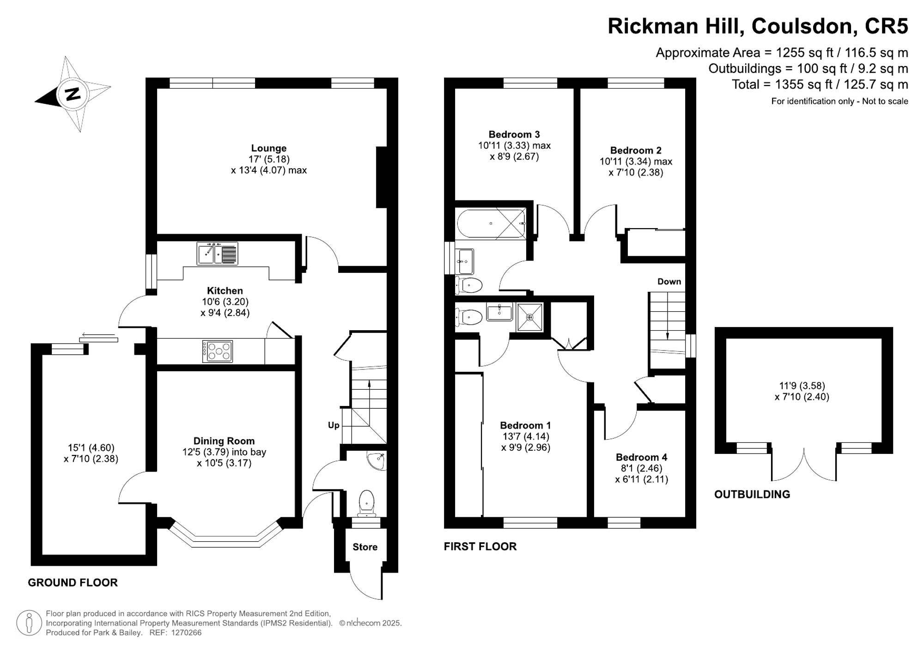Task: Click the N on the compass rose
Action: pyautogui.click(x=73, y=94)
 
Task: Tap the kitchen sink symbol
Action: pyautogui.click(x=217, y=254)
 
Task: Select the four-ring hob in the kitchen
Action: pyautogui.click(x=218, y=351)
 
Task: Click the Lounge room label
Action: pyautogui.click(x=268, y=148)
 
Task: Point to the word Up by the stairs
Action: pyautogui.click(x=334, y=425)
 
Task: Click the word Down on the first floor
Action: pyautogui.click(x=669, y=282)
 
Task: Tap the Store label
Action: pyautogui.click(x=365, y=547)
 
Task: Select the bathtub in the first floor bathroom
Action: pyautogui.click(x=491, y=224)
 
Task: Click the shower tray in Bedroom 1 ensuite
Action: pyautogui.click(x=530, y=317)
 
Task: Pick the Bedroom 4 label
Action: pyautogui.click(x=641, y=457)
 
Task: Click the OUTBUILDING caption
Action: pyautogui.click(x=752, y=495)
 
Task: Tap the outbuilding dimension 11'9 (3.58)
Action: pyautogui.click(x=802, y=386)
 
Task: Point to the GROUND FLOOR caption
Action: pyautogui.click(x=73, y=583)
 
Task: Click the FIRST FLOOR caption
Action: pyautogui.click(x=480, y=547)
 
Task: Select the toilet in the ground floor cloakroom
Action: pyautogui.click(x=367, y=502)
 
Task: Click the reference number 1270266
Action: pyautogui.click(x=186, y=633)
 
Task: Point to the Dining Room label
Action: pyautogui.click(x=224, y=441)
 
